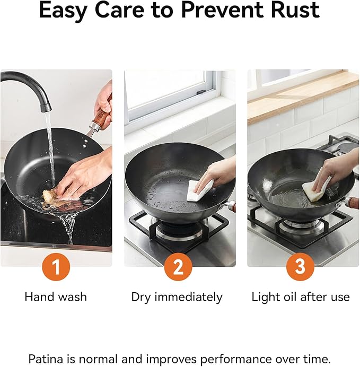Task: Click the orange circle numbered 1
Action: (56, 267)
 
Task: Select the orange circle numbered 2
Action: (178, 267)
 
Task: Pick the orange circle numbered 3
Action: (301, 267)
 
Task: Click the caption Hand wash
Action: (56, 297)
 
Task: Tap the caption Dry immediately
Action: (177, 297)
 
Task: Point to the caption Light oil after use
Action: (301, 297)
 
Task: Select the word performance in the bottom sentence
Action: (236, 359)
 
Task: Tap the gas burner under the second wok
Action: (179, 228)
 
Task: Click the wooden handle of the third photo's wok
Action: (353, 202)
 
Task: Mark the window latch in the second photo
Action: (201, 92)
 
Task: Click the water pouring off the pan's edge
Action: (69, 228)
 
